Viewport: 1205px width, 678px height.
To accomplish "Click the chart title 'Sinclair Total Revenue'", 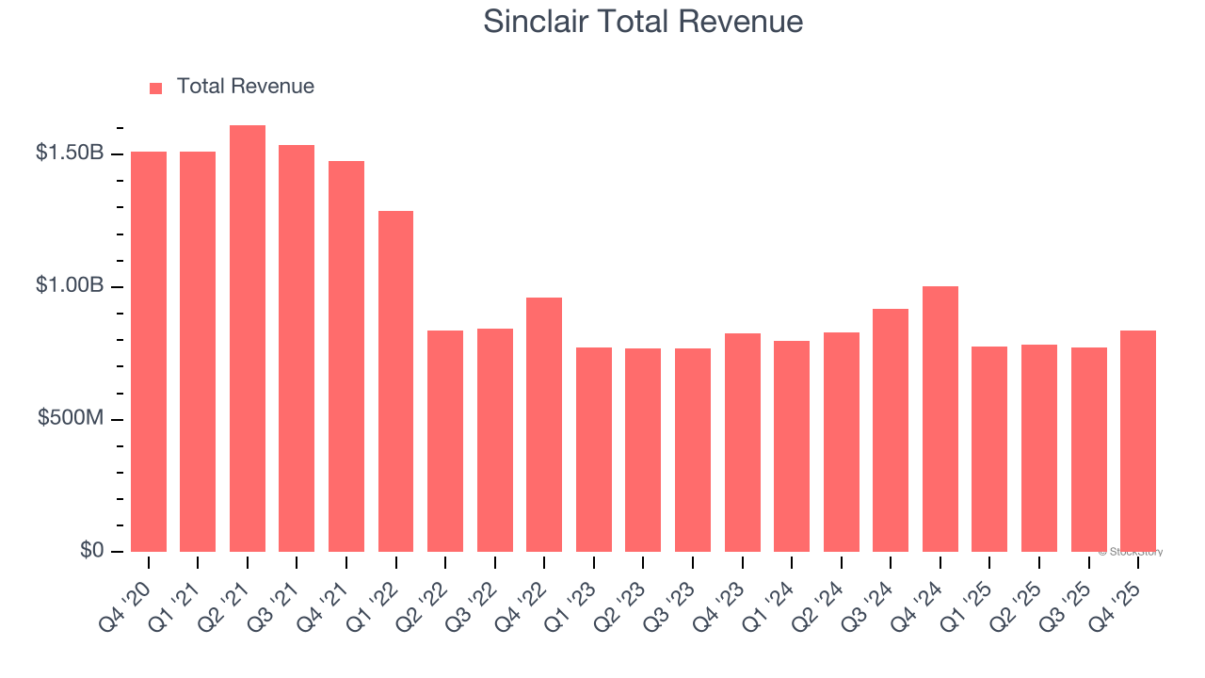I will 643,22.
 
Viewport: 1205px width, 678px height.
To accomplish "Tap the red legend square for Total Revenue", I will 156,88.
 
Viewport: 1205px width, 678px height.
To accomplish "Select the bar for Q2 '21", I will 248,338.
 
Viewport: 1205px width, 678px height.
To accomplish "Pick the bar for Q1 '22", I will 395,381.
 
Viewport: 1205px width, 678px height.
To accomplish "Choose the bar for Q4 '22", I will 544,425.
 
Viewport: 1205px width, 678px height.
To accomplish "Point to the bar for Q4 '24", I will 940,419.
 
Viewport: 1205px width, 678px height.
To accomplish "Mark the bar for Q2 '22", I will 445,441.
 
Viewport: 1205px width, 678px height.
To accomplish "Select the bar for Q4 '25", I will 1138,441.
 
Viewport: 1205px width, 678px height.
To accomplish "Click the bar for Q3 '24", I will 891,430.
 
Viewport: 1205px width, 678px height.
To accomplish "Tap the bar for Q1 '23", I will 594,449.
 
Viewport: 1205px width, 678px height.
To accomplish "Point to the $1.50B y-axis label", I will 70,153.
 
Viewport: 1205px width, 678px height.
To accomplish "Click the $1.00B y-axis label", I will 70,285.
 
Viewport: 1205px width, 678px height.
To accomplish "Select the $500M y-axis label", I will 72,418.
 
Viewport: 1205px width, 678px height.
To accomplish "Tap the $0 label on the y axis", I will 90,550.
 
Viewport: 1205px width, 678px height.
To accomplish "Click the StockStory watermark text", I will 1131,552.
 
